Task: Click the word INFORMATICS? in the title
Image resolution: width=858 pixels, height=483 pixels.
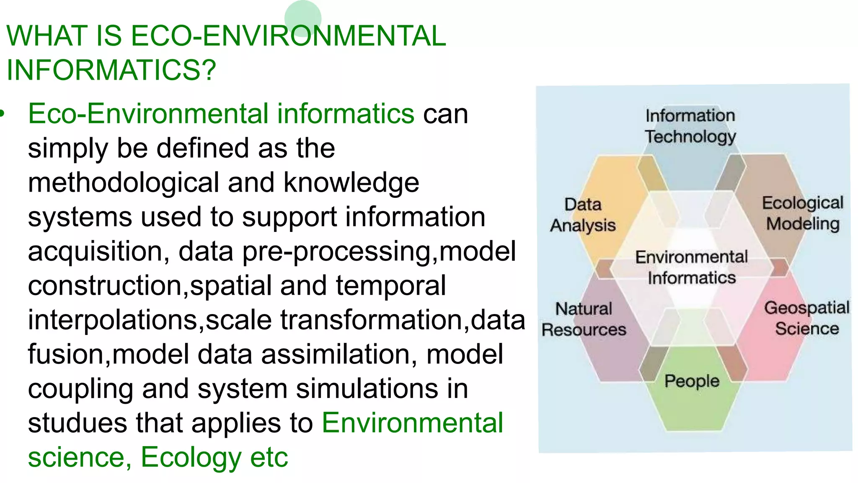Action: [x=111, y=70]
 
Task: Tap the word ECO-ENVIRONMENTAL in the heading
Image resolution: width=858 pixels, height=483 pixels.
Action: [x=288, y=36]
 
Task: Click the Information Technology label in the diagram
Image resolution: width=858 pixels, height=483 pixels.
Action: [x=690, y=126]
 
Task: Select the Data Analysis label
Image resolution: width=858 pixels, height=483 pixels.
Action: [x=583, y=215]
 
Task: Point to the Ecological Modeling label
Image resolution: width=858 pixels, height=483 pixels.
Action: [x=802, y=213]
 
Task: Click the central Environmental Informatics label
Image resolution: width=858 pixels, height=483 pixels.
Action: [x=691, y=267]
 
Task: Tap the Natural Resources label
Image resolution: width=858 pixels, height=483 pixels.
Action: [x=584, y=319]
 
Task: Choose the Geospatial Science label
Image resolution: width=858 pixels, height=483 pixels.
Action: [x=806, y=318]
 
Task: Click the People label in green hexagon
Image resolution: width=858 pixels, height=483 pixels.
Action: [x=692, y=381]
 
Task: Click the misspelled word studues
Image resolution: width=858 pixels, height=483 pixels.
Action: [x=78, y=423]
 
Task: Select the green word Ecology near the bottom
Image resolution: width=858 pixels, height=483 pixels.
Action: [x=191, y=457]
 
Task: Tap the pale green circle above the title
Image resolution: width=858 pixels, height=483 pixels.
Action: [x=302, y=17]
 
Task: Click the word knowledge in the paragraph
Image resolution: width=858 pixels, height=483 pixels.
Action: [x=351, y=183]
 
